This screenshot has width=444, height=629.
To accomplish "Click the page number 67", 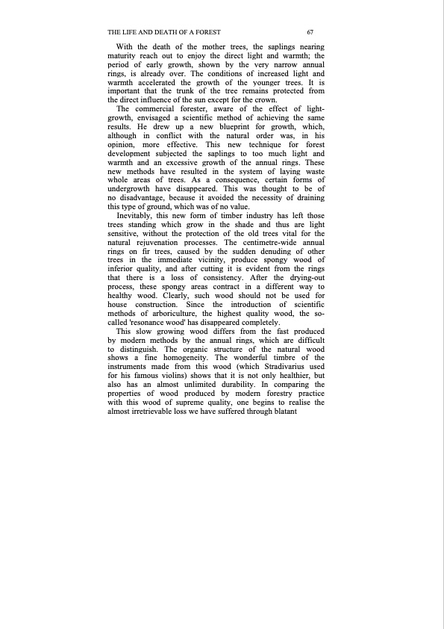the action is click(x=309, y=33).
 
